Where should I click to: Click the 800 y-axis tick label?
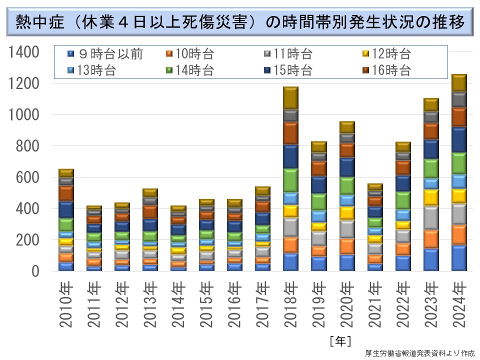[x=29, y=146]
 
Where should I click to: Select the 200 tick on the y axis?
[x=29, y=240]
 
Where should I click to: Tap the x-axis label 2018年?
[x=290, y=305]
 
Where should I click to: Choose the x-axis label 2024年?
[x=458, y=305]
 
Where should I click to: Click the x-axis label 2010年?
[x=65, y=305]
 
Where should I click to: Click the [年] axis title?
[x=340, y=341]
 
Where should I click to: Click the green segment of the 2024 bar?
[x=458, y=163]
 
